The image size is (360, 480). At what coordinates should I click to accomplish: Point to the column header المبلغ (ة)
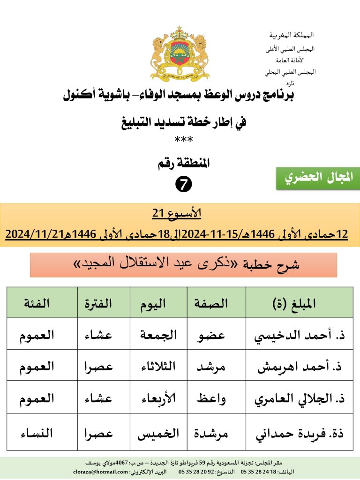300,303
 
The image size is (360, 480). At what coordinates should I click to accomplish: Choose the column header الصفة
217,303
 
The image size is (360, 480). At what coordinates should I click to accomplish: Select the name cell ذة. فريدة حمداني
300,434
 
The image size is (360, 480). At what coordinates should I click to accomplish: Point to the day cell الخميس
158,434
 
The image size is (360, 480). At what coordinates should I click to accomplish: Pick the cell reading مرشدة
217,434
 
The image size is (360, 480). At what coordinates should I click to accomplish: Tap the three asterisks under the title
183,140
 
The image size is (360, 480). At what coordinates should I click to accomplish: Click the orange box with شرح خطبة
183,265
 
